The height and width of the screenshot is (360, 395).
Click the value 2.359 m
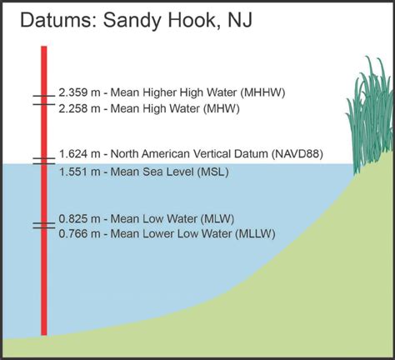pos(78,93)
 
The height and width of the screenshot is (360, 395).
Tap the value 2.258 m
pos(78,107)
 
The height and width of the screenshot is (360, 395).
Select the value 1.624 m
pos(78,154)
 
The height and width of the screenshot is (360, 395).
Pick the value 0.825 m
pos(78,219)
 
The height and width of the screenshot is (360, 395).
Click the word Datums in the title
pos(54,21)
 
